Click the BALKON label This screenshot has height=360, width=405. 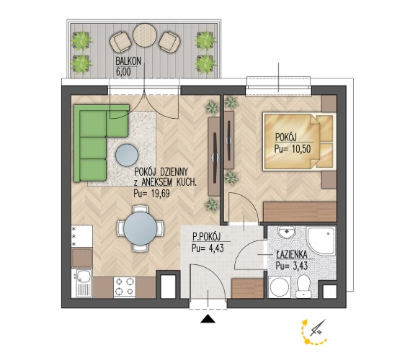click(128, 61)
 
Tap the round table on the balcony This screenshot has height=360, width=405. click(145, 35)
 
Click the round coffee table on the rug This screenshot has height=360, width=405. click(127, 155)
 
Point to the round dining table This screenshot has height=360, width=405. click(140, 228)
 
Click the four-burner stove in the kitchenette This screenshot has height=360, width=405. click(125, 287)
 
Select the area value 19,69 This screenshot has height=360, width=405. click(160, 194)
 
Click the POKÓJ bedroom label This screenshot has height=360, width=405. click(285, 138)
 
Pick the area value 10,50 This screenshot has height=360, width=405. click(301, 149)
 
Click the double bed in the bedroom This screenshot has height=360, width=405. click(300, 141)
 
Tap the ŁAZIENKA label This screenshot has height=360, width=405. click(292, 255)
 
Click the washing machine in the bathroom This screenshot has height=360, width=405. click(279, 287)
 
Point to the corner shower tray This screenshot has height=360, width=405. click(320, 240)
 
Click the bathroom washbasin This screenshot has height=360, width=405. click(287, 232)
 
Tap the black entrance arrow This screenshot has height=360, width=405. click(208, 319)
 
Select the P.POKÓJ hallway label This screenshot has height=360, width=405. click(206, 236)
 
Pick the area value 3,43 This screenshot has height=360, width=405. click(299, 266)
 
